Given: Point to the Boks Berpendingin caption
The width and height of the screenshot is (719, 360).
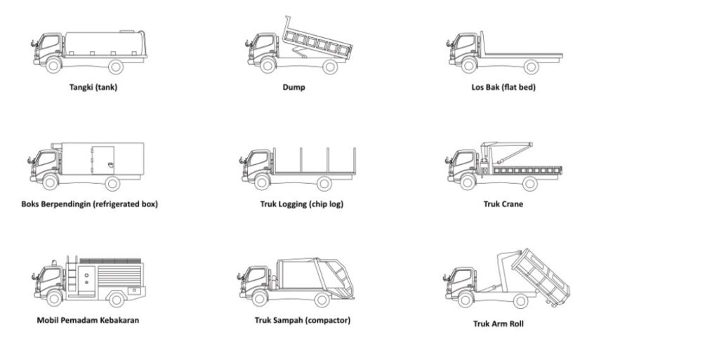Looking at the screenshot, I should (x=90, y=204).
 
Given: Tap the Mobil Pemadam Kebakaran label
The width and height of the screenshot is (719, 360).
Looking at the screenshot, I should (x=88, y=321).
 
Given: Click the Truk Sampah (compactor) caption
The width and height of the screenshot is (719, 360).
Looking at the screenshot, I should (x=303, y=321).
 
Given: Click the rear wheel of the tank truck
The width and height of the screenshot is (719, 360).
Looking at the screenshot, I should (x=116, y=67).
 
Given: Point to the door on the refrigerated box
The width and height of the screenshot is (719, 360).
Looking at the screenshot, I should (x=103, y=161).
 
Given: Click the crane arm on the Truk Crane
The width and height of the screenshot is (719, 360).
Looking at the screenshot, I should (x=507, y=149).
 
